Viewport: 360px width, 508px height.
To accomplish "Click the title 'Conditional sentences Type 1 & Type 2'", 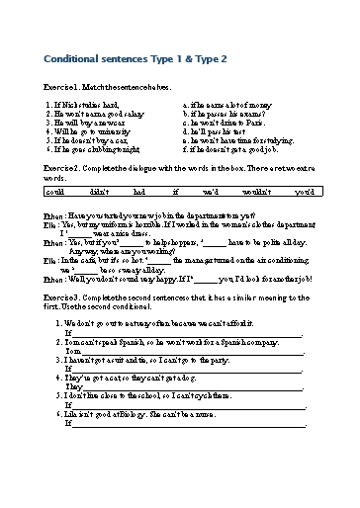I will (136, 59).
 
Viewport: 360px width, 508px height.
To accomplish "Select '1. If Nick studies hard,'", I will (83, 103).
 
